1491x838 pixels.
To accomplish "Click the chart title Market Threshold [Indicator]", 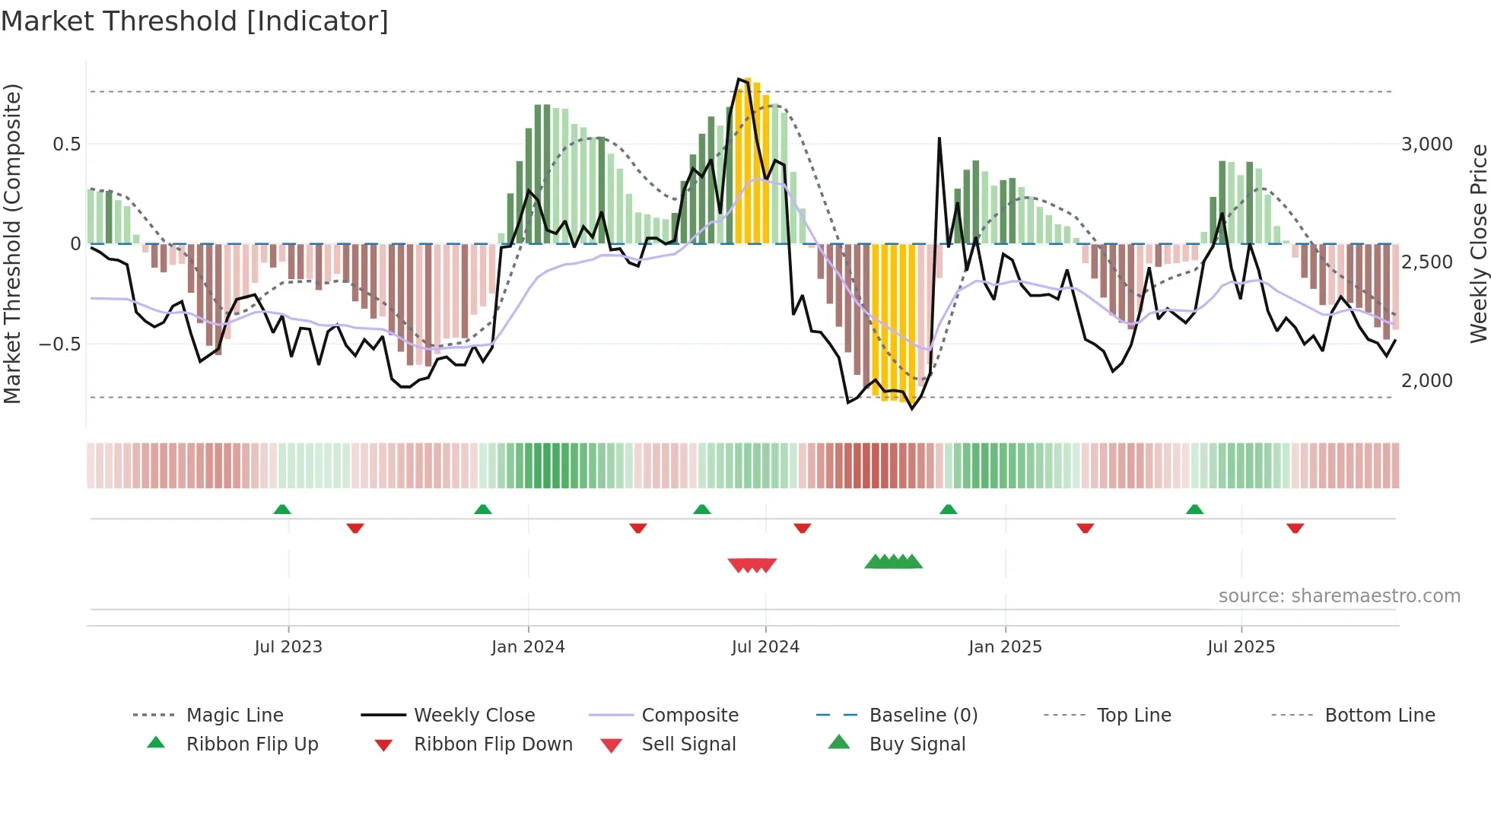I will (x=195, y=21).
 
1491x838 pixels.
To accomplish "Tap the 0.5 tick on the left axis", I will (x=66, y=144).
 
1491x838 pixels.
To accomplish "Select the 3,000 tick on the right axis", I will (x=1426, y=144).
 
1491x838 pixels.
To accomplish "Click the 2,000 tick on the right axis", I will (x=1426, y=381).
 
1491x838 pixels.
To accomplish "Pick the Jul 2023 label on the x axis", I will (x=288, y=647).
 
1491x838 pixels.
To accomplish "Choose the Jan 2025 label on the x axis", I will (x=1005, y=647).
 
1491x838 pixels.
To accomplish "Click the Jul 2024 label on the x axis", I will (x=765, y=647).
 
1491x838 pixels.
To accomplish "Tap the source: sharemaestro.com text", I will (x=1339, y=596).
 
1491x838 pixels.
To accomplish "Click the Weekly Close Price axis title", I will (x=1478, y=243).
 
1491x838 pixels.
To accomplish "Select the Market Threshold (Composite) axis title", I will (x=12, y=243).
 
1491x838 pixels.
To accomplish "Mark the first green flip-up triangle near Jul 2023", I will (x=282, y=509).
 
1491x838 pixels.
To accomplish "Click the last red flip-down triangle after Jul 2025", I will (x=1295, y=528).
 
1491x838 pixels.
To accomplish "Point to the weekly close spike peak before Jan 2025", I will (x=939, y=139).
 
